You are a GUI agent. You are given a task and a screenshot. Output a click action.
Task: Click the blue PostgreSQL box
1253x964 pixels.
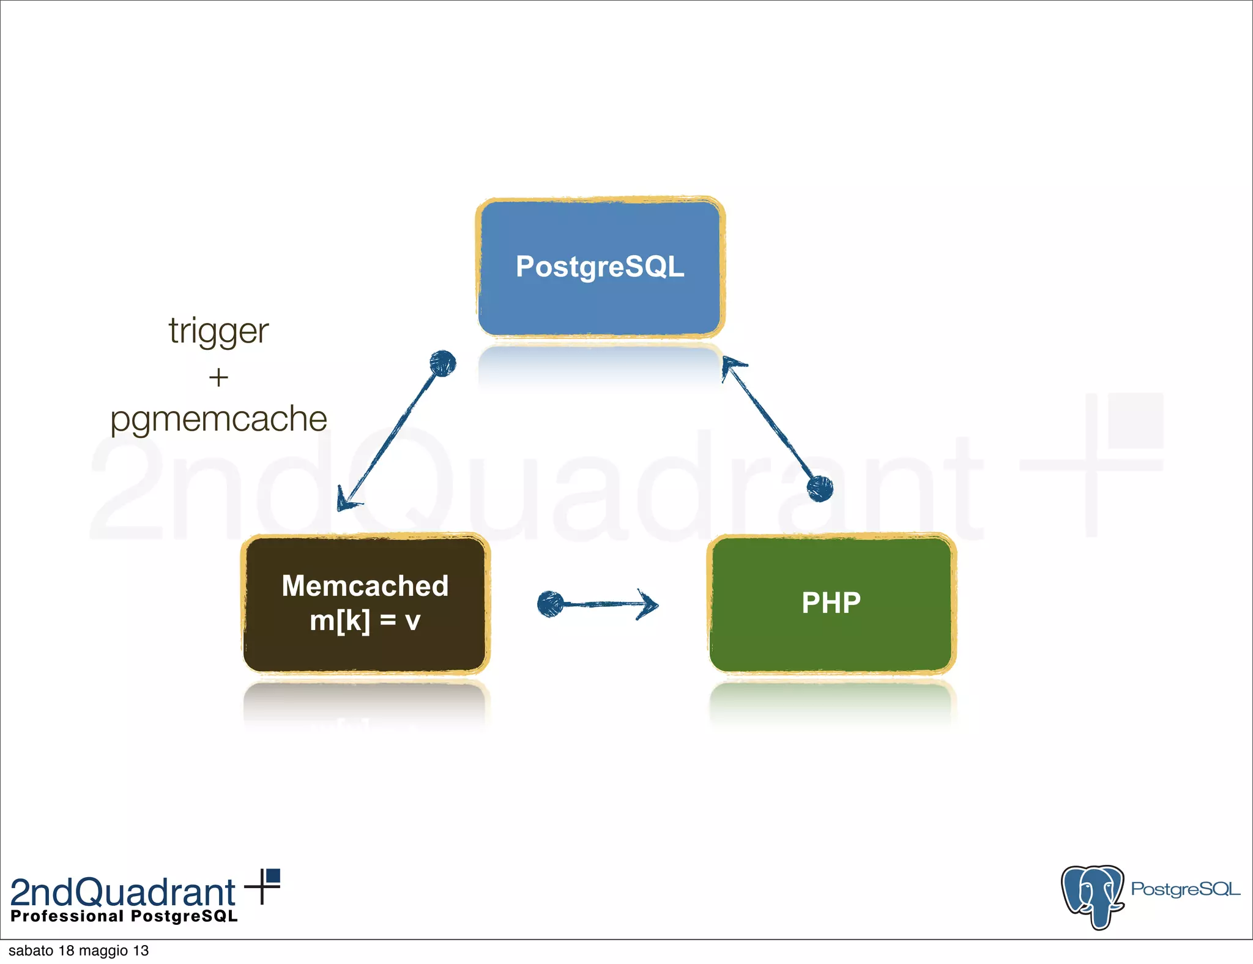click(x=600, y=267)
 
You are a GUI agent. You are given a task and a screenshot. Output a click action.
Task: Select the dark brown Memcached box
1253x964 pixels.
click(x=366, y=604)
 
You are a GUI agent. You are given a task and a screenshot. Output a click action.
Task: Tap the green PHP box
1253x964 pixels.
click(x=831, y=604)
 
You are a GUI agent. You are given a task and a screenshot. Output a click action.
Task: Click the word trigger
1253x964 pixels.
click(x=218, y=331)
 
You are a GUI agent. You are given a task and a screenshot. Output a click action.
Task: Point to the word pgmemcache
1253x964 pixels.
click(x=218, y=420)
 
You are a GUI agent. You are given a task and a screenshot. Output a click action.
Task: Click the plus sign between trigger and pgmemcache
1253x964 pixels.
click(x=218, y=377)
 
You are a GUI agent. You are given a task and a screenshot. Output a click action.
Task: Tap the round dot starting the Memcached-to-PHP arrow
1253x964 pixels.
click(x=550, y=604)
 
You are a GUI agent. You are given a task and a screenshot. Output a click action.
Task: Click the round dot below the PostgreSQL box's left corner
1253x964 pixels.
click(x=442, y=363)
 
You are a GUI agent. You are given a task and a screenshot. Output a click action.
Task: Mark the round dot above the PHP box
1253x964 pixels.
click(x=820, y=488)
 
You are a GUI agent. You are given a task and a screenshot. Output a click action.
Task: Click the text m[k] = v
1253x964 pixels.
click(x=365, y=621)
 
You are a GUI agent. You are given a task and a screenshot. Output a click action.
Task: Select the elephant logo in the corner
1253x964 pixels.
click(x=1093, y=896)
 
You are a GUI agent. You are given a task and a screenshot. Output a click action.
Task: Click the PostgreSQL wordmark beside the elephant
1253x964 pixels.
click(x=1184, y=889)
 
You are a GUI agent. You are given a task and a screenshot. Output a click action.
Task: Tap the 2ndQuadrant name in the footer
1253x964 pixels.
click(x=122, y=892)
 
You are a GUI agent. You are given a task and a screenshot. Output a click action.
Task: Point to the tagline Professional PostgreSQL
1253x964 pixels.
click(x=124, y=916)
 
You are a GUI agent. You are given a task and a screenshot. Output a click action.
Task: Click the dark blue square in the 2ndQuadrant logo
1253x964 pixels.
click(x=273, y=876)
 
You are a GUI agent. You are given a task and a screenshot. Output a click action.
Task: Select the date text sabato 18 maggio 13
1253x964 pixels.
click(x=78, y=951)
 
